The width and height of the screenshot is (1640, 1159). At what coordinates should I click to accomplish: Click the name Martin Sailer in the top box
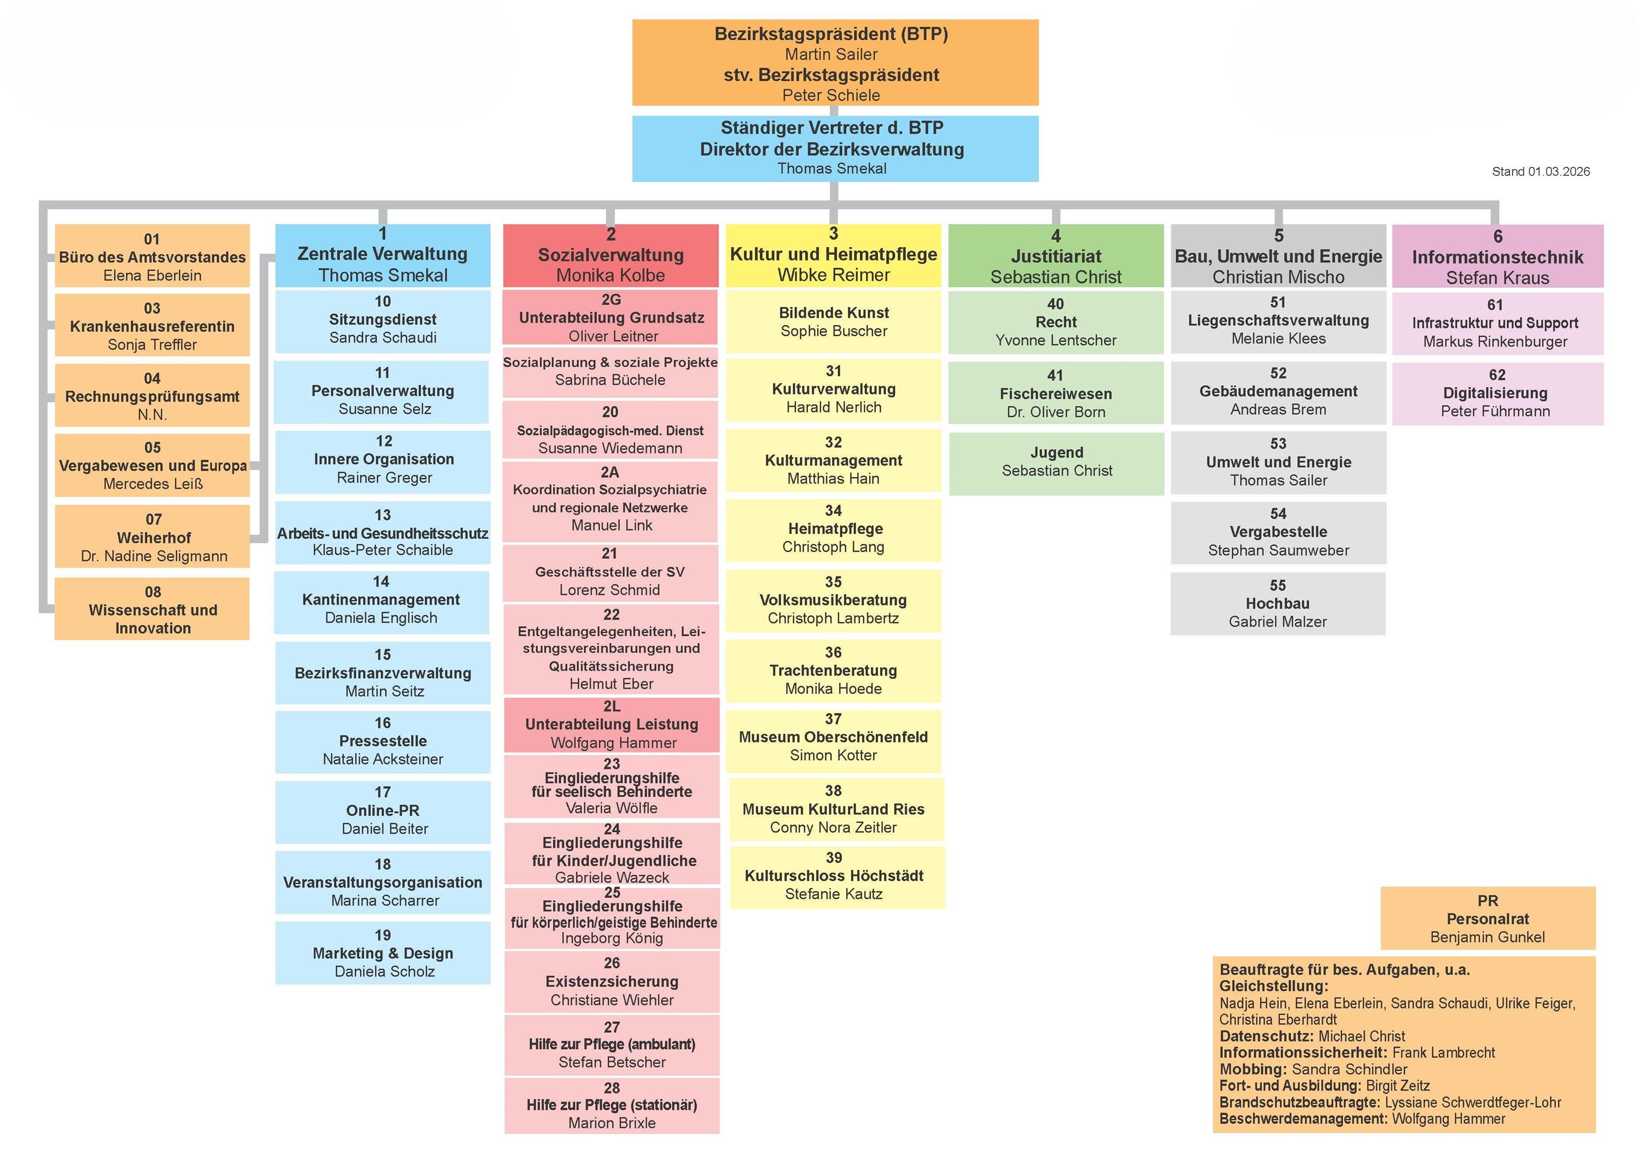coord(831,54)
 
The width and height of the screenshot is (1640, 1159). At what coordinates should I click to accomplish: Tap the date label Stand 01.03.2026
coord(1540,172)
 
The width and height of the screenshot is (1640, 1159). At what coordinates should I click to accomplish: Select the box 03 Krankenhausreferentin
coord(152,326)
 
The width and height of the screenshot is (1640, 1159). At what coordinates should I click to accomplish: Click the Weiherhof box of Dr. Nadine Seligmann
coord(153,537)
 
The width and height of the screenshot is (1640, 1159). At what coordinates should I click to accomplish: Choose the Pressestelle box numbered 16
coord(383,741)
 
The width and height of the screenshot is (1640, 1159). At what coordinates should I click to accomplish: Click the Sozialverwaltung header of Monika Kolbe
coord(611,256)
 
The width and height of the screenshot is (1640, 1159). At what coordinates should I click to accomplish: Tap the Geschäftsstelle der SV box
coord(611,572)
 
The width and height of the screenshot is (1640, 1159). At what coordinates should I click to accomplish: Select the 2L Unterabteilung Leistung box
coord(611,724)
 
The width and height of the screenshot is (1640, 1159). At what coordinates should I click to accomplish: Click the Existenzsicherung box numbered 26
coord(611,982)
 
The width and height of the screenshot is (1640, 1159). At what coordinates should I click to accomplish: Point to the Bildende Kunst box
coord(834,321)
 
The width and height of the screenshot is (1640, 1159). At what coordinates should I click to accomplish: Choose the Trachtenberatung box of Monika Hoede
coord(834,670)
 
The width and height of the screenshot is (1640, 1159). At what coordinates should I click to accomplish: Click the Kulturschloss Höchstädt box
coord(837,876)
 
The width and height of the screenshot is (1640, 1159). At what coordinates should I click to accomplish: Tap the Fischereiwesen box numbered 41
coord(1056,393)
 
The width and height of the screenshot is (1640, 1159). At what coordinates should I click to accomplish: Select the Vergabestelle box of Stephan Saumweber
coord(1278,532)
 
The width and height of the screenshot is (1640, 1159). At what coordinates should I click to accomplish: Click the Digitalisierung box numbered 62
coord(1496,393)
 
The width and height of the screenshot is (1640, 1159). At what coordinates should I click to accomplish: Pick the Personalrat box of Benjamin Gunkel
coord(1488,919)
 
